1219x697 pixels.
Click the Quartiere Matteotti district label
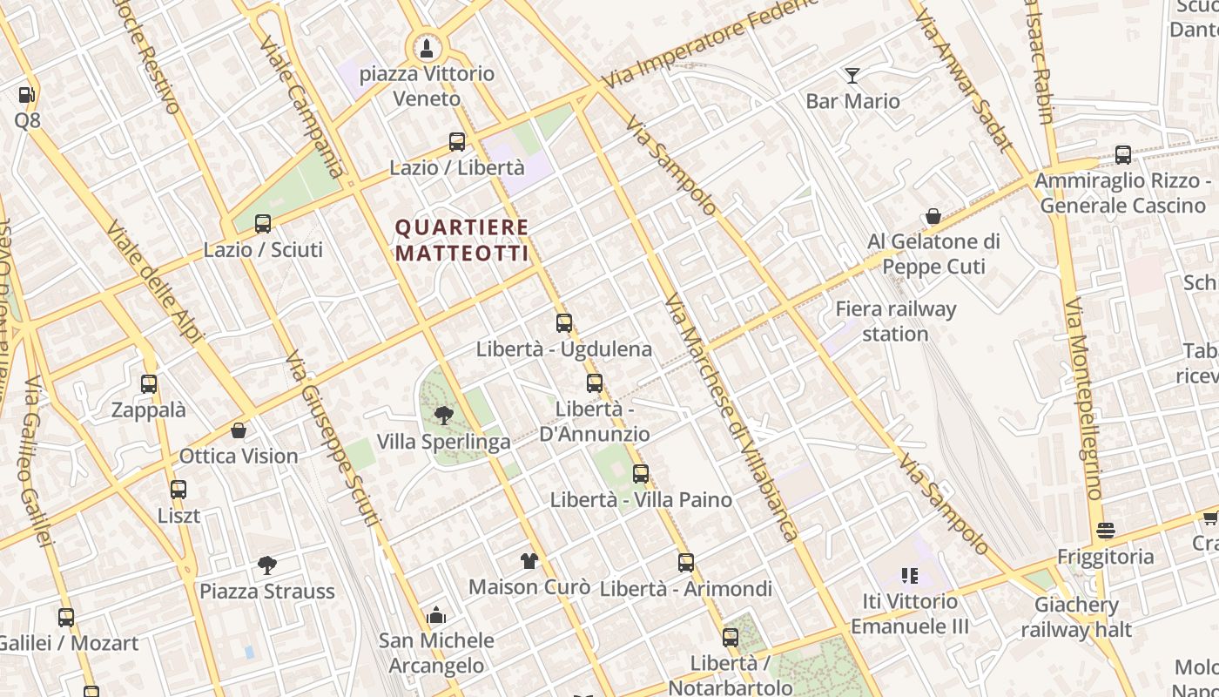coord(461,240)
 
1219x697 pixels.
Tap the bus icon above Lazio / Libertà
coord(457,142)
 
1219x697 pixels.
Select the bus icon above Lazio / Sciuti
coord(263,224)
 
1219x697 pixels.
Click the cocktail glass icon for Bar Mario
coord(852,76)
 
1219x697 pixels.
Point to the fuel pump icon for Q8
coord(27,95)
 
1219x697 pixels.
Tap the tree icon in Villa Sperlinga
coord(444,415)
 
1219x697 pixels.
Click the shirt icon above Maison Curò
coord(529,560)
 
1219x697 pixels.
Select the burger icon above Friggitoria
coord(1106,531)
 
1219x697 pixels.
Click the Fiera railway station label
coord(896,321)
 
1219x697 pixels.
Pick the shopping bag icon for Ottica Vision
coord(239,430)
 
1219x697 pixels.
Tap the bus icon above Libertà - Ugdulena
coord(564,323)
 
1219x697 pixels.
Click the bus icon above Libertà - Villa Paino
coord(641,474)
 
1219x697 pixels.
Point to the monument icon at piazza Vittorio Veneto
coord(427,47)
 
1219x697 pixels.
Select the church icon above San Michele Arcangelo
coord(436,615)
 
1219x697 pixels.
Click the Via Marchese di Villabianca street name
coord(731,418)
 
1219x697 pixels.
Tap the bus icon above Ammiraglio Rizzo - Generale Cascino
coord(1123,155)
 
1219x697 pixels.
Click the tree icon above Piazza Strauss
coord(267,565)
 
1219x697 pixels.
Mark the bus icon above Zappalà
coord(149,384)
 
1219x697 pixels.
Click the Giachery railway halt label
coord(1076,617)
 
